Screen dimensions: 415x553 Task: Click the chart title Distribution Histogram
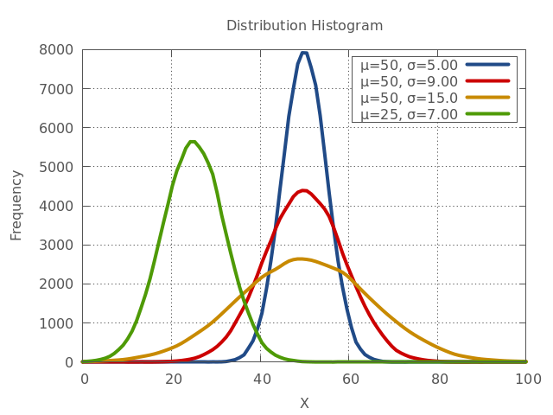[x=304, y=25]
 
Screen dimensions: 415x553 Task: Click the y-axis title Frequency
[x=16, y=205]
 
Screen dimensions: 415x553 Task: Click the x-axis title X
[x=304, y=403]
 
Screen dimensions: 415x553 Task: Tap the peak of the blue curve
[x=303, y=51]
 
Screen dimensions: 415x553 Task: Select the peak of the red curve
[x=303, y=190]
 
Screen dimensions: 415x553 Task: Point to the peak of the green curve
[x=193, y=141]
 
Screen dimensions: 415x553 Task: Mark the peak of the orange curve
[x=300, y=259]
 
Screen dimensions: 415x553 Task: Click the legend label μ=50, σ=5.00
[x=409, y=65]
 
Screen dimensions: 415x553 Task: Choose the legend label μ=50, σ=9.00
[x=409, y=81]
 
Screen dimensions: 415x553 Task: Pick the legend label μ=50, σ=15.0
[x=409, y=98]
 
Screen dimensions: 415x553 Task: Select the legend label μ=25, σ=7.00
[x=409, y=114]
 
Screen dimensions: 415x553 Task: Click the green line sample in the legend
[x=487, y=114]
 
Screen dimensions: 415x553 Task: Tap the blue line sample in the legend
[x=487, y=65]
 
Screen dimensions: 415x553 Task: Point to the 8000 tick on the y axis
[x=56, y=50]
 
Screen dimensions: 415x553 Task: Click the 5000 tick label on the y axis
[x=56, y=167]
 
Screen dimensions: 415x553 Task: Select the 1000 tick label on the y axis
[x=56, y=323]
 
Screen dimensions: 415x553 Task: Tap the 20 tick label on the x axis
[x=173, y=379]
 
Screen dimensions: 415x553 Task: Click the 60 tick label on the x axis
[x=350, y=379]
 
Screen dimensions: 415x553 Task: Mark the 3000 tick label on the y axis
[x=56, y=246]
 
